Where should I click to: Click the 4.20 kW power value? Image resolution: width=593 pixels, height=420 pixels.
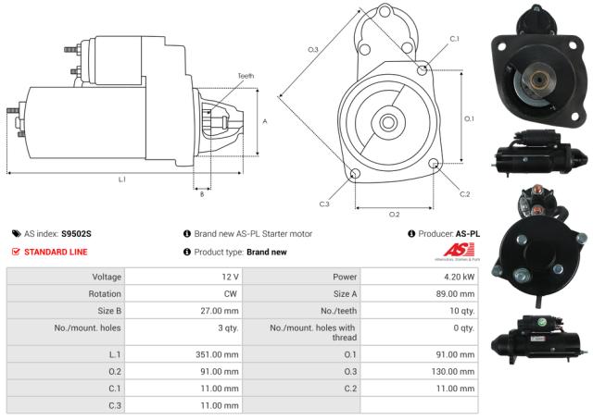[459, 277]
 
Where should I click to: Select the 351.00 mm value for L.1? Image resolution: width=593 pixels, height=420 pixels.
[218, 353]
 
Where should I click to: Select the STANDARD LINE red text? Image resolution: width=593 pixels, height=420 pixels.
[57, 252]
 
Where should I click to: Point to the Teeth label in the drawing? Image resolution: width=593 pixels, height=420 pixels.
[245, 76]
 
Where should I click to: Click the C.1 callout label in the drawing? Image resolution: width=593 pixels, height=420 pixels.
[454, 39]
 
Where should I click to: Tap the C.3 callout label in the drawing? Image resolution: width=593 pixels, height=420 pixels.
[324, 204]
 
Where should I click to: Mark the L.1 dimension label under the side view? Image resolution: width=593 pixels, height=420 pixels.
[121, 179]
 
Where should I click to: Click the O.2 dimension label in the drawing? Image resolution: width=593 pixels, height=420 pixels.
[394, 214]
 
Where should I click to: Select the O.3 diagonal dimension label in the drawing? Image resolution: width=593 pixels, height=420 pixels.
[313, 49]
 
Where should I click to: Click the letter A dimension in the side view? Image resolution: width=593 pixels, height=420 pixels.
[265, 121]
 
